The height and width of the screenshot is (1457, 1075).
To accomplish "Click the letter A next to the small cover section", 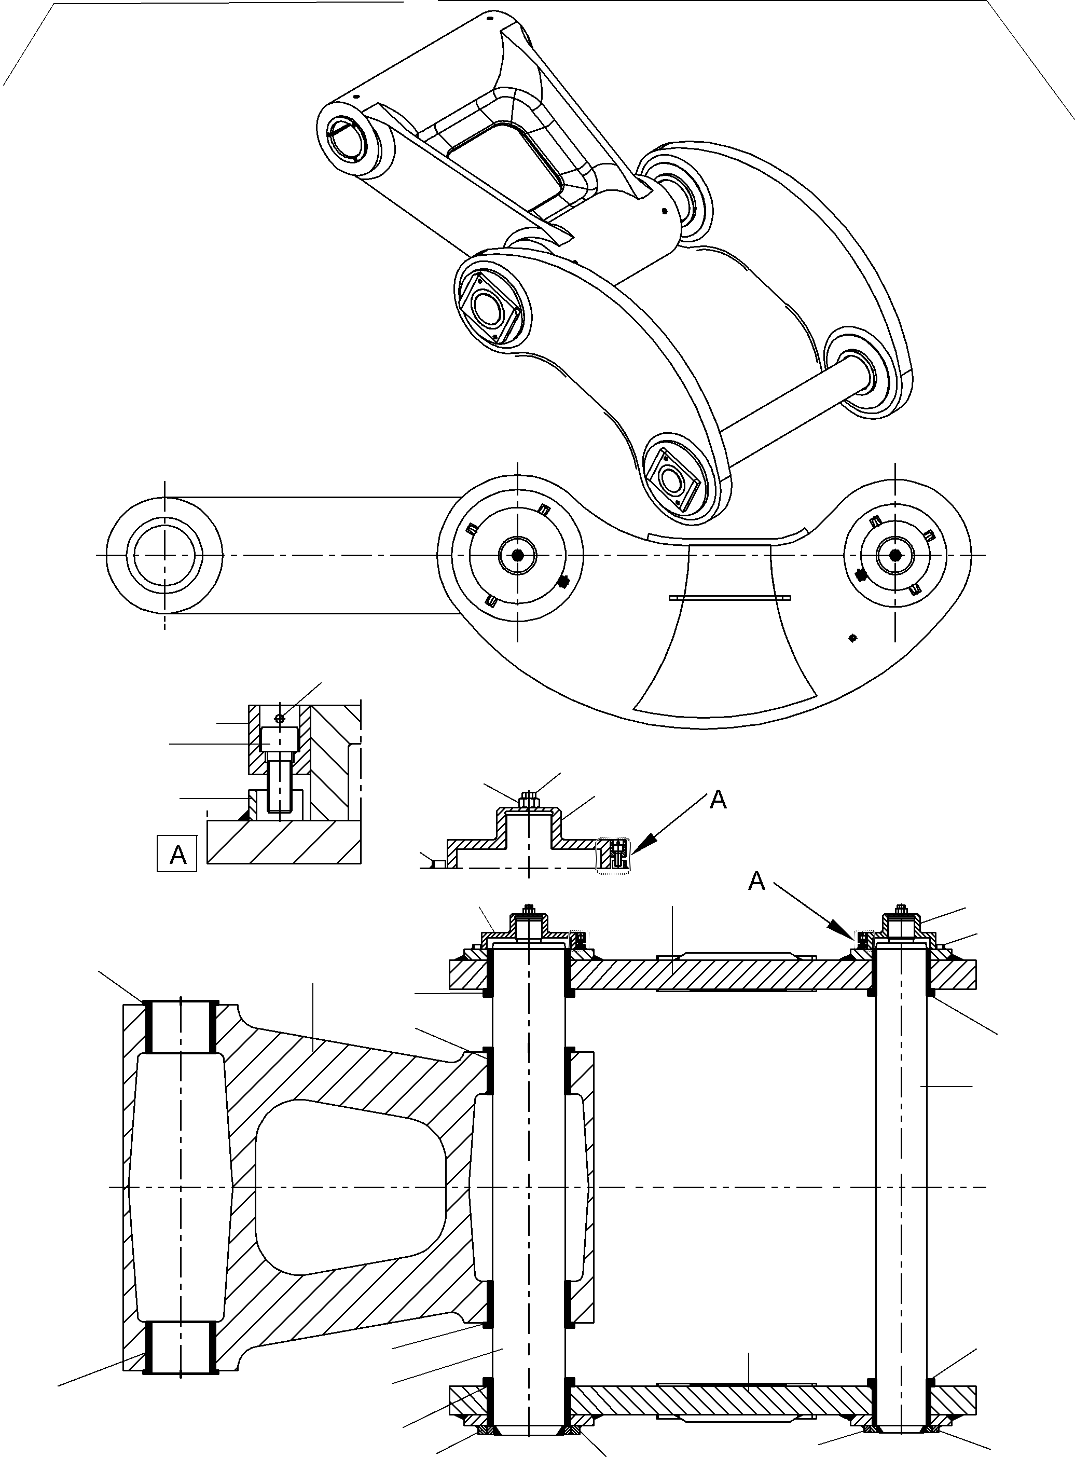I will click(x=718, y=800).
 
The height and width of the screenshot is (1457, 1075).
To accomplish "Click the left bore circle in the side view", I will click(x=164, y=555).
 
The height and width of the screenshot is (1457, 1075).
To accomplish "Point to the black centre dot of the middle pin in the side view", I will click(x=517, y=555).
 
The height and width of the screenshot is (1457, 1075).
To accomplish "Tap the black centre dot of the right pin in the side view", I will click(x=895, y=555).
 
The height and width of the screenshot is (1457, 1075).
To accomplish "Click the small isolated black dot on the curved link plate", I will click(x=853, y=638).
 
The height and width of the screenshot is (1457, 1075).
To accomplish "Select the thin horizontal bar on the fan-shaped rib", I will click(x=730, y=597).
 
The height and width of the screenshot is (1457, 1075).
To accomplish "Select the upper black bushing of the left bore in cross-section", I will click(x=180, y=1026).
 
